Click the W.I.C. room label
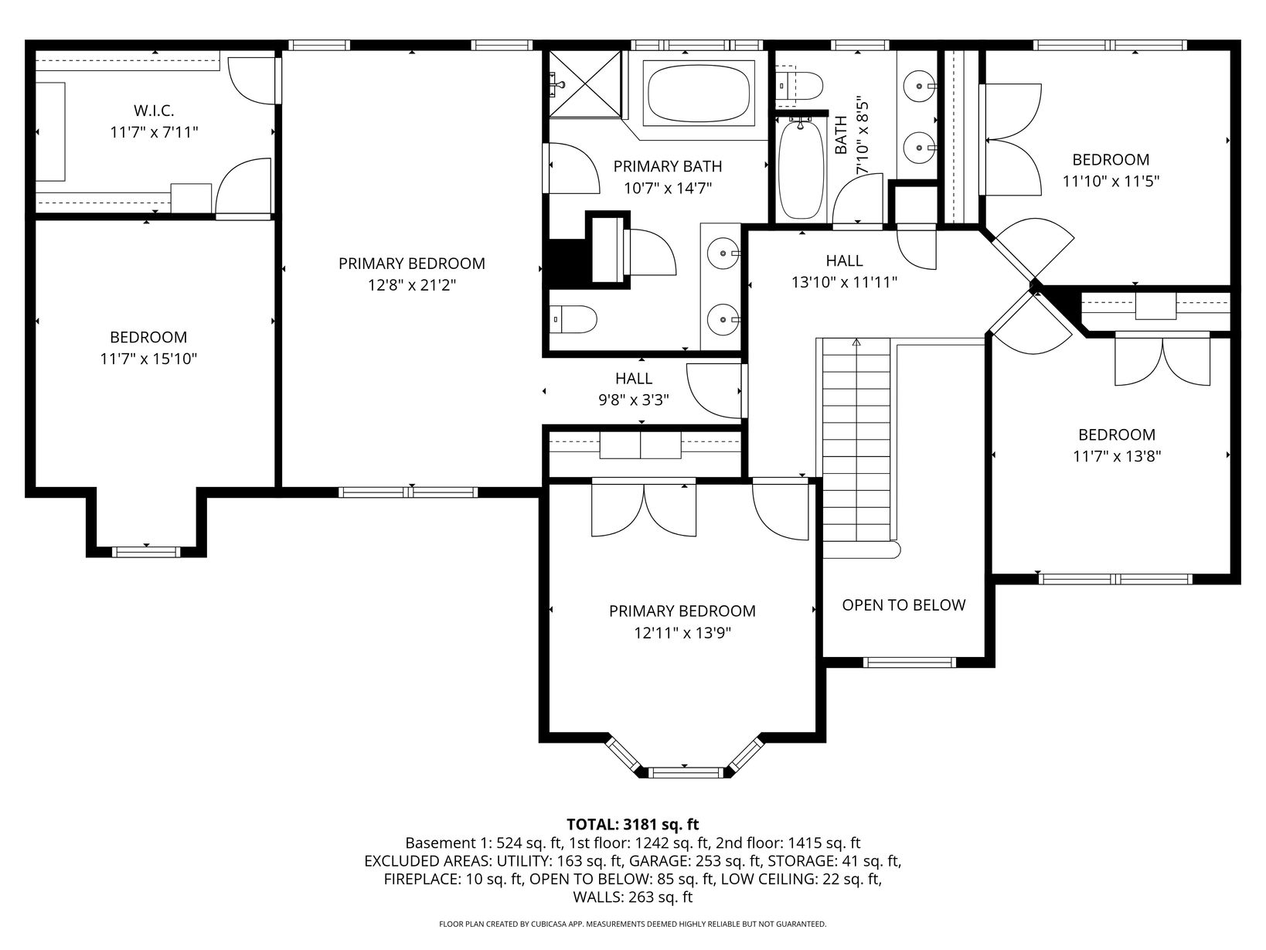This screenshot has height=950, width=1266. point(154,111)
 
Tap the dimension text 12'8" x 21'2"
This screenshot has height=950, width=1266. point(412,285)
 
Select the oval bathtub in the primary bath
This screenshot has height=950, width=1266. point(699,93)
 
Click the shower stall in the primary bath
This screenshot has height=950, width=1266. point(585,85)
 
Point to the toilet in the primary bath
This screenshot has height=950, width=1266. point(573,319)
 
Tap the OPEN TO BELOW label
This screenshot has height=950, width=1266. point(904,605)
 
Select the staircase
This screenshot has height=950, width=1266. point(856,440)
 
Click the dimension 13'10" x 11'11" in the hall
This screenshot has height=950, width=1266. point(844,283)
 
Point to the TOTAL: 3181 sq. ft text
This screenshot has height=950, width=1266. point(633,824)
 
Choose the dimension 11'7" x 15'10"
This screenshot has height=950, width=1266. point(149,359)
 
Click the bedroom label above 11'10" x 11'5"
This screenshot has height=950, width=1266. point(1111,160)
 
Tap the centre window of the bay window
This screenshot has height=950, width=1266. point(685,772)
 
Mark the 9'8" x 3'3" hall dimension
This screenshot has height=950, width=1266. point(634,400)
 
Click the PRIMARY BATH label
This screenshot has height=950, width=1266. point(667,167)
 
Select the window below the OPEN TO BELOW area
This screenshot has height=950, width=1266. point(909,662)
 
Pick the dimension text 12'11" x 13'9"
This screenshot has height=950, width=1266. point(682,633)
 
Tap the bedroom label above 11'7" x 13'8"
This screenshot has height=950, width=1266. point(1117,435)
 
